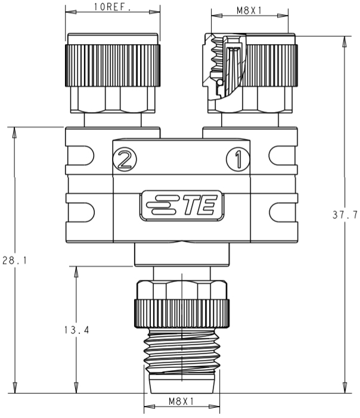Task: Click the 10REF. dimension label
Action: pyautogui.click(x=113, y=7)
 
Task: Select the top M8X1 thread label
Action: pyautogui.click(x=249, y=10)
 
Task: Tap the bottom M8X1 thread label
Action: pyautogui.click(x=181, y=401)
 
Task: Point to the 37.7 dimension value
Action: pyautogui.click(x=345, y=215)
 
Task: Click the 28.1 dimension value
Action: pyautogui.click(x=14, y=260)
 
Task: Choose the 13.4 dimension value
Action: pyautogui.click(x=76, y=330)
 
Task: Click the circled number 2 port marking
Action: pyautogui.click(x=125, y=159)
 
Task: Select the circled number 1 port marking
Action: pyautogui.click(x=238, y=159)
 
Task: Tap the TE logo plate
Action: pyautogui.click(x=181, y=206)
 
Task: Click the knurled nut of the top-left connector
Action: pyautogui.click(x=113, y=66)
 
